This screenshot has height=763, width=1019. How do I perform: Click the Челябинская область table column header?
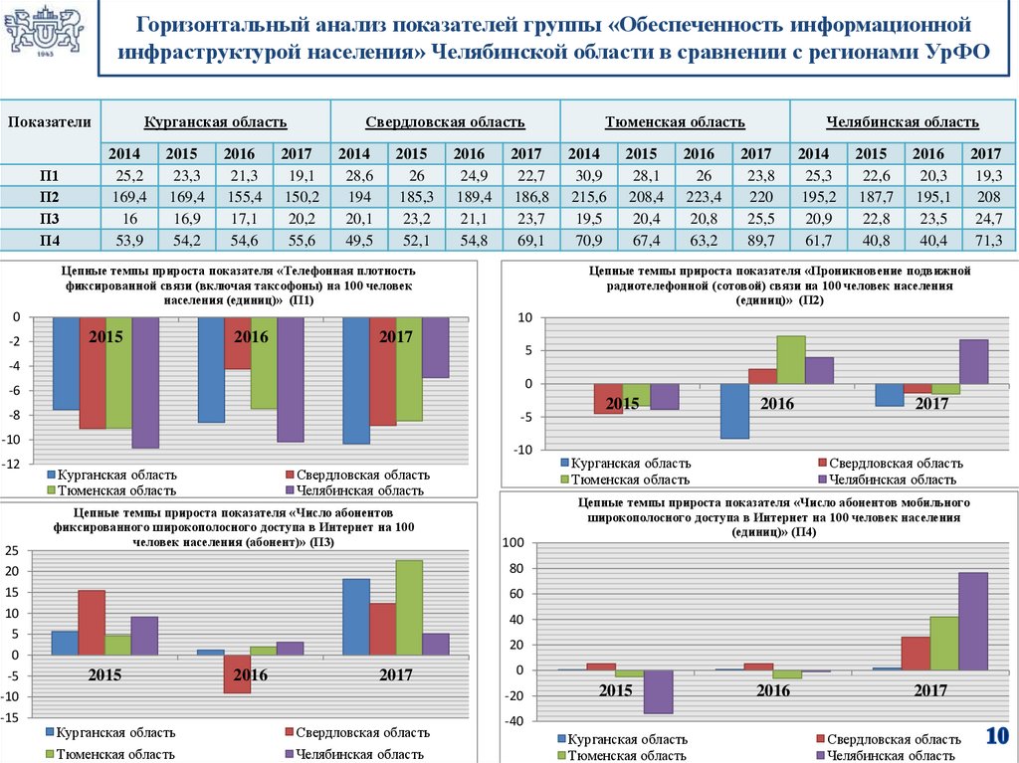click(902, 122)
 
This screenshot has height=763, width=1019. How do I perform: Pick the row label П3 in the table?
click(49, 218)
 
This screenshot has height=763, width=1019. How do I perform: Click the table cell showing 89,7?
click(756, 240)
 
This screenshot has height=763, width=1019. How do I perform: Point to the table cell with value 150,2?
click(296, 196)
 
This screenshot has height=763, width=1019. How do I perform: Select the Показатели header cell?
click(50, 122)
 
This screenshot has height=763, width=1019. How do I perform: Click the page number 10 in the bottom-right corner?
click(997, 736)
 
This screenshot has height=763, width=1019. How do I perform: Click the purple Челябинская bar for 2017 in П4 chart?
click(973, 621)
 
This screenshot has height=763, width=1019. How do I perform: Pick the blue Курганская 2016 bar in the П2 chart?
click(734, 411)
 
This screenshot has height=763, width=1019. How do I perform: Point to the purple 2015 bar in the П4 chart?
click(657, 691)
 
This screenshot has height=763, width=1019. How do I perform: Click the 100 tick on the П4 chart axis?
click(512, 542)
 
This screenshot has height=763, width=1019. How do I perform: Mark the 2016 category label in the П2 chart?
click(777, 404)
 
